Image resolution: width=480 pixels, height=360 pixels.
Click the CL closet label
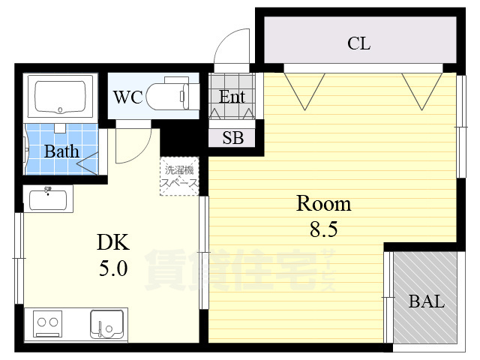pos(358,43)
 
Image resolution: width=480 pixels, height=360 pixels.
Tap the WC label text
pos(128,97)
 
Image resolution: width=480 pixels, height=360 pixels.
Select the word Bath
pos(61,151)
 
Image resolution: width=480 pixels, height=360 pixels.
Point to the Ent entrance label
pos(232,97)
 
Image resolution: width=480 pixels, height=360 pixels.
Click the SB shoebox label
pos(233,138)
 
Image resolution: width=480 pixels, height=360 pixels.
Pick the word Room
pos(324,203)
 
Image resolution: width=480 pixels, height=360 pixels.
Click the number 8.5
pos(323,229)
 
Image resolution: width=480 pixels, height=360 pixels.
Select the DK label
pos(113,242)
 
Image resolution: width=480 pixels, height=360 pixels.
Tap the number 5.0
pos(113,268)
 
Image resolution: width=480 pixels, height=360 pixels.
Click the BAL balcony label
pos(427,301)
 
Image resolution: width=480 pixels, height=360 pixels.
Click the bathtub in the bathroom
pos(60,97)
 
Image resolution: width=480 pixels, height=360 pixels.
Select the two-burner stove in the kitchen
pos(47,323)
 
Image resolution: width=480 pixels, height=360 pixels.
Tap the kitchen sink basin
pos(106,324)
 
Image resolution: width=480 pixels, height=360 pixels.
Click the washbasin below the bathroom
pos(48,199)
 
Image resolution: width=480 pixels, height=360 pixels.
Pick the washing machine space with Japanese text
pos(179,176)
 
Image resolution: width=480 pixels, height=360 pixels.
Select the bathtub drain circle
pos(60,110)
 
